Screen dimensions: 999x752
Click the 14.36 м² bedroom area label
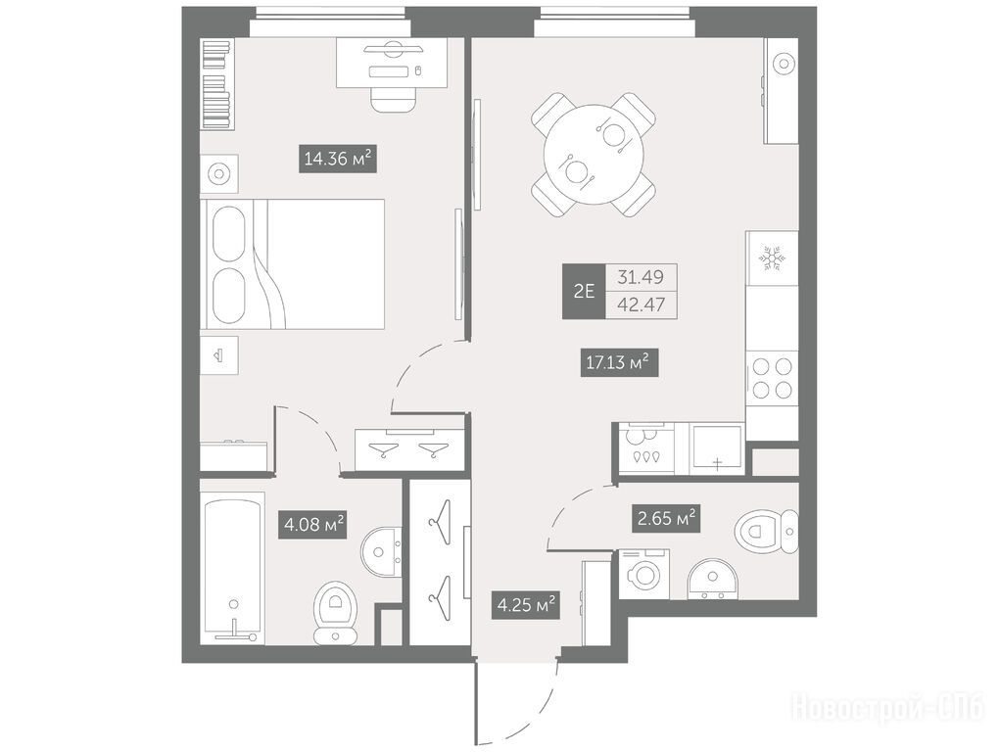(338, 158)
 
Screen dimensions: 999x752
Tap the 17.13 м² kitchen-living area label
(619, 363)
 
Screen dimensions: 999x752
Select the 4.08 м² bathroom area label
(312, 525)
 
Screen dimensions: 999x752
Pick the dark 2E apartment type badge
(584, 292)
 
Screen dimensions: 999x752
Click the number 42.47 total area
(641, 305)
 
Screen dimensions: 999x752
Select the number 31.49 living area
(641, 278)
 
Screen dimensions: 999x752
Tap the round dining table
(594, 154)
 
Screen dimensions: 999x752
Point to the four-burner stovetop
(772, 378)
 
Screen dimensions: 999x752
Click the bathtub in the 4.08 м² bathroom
(232, 568)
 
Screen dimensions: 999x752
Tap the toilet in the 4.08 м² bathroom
(336, 612)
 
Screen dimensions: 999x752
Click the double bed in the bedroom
(293, 264)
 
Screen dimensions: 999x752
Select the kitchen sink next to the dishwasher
(717, 448)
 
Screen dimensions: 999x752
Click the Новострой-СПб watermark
(887, 708)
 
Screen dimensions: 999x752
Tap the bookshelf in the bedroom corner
(216, 81)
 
